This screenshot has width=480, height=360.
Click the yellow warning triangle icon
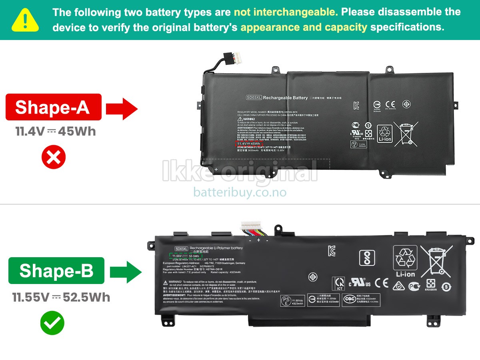click(x=25, y=20)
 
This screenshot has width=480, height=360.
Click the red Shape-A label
click(x=53, y=107)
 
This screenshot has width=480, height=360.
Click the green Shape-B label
click(x=56, y=270)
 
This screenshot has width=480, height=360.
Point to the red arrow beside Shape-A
click(x=122, y=108)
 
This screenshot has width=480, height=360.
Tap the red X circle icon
click(x=54, y=157)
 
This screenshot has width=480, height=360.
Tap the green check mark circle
click(x=52, y=323)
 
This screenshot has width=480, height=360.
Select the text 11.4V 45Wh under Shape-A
click(x=56, y=132)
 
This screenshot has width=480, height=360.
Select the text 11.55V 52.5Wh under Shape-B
click(x=61, y=297)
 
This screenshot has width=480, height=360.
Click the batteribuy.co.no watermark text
click(x=240, y=192)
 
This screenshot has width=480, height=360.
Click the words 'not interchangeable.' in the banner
click(x=286, y=12)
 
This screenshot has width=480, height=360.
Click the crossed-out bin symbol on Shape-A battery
click(x=406, y=133)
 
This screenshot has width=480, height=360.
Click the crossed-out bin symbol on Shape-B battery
click(x=436, y=261)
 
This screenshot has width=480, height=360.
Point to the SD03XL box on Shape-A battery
click(x=254, y=98)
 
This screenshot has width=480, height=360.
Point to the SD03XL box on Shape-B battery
click(x=181, y=248)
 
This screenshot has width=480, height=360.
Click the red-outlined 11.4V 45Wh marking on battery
click(x=248, y=143)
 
